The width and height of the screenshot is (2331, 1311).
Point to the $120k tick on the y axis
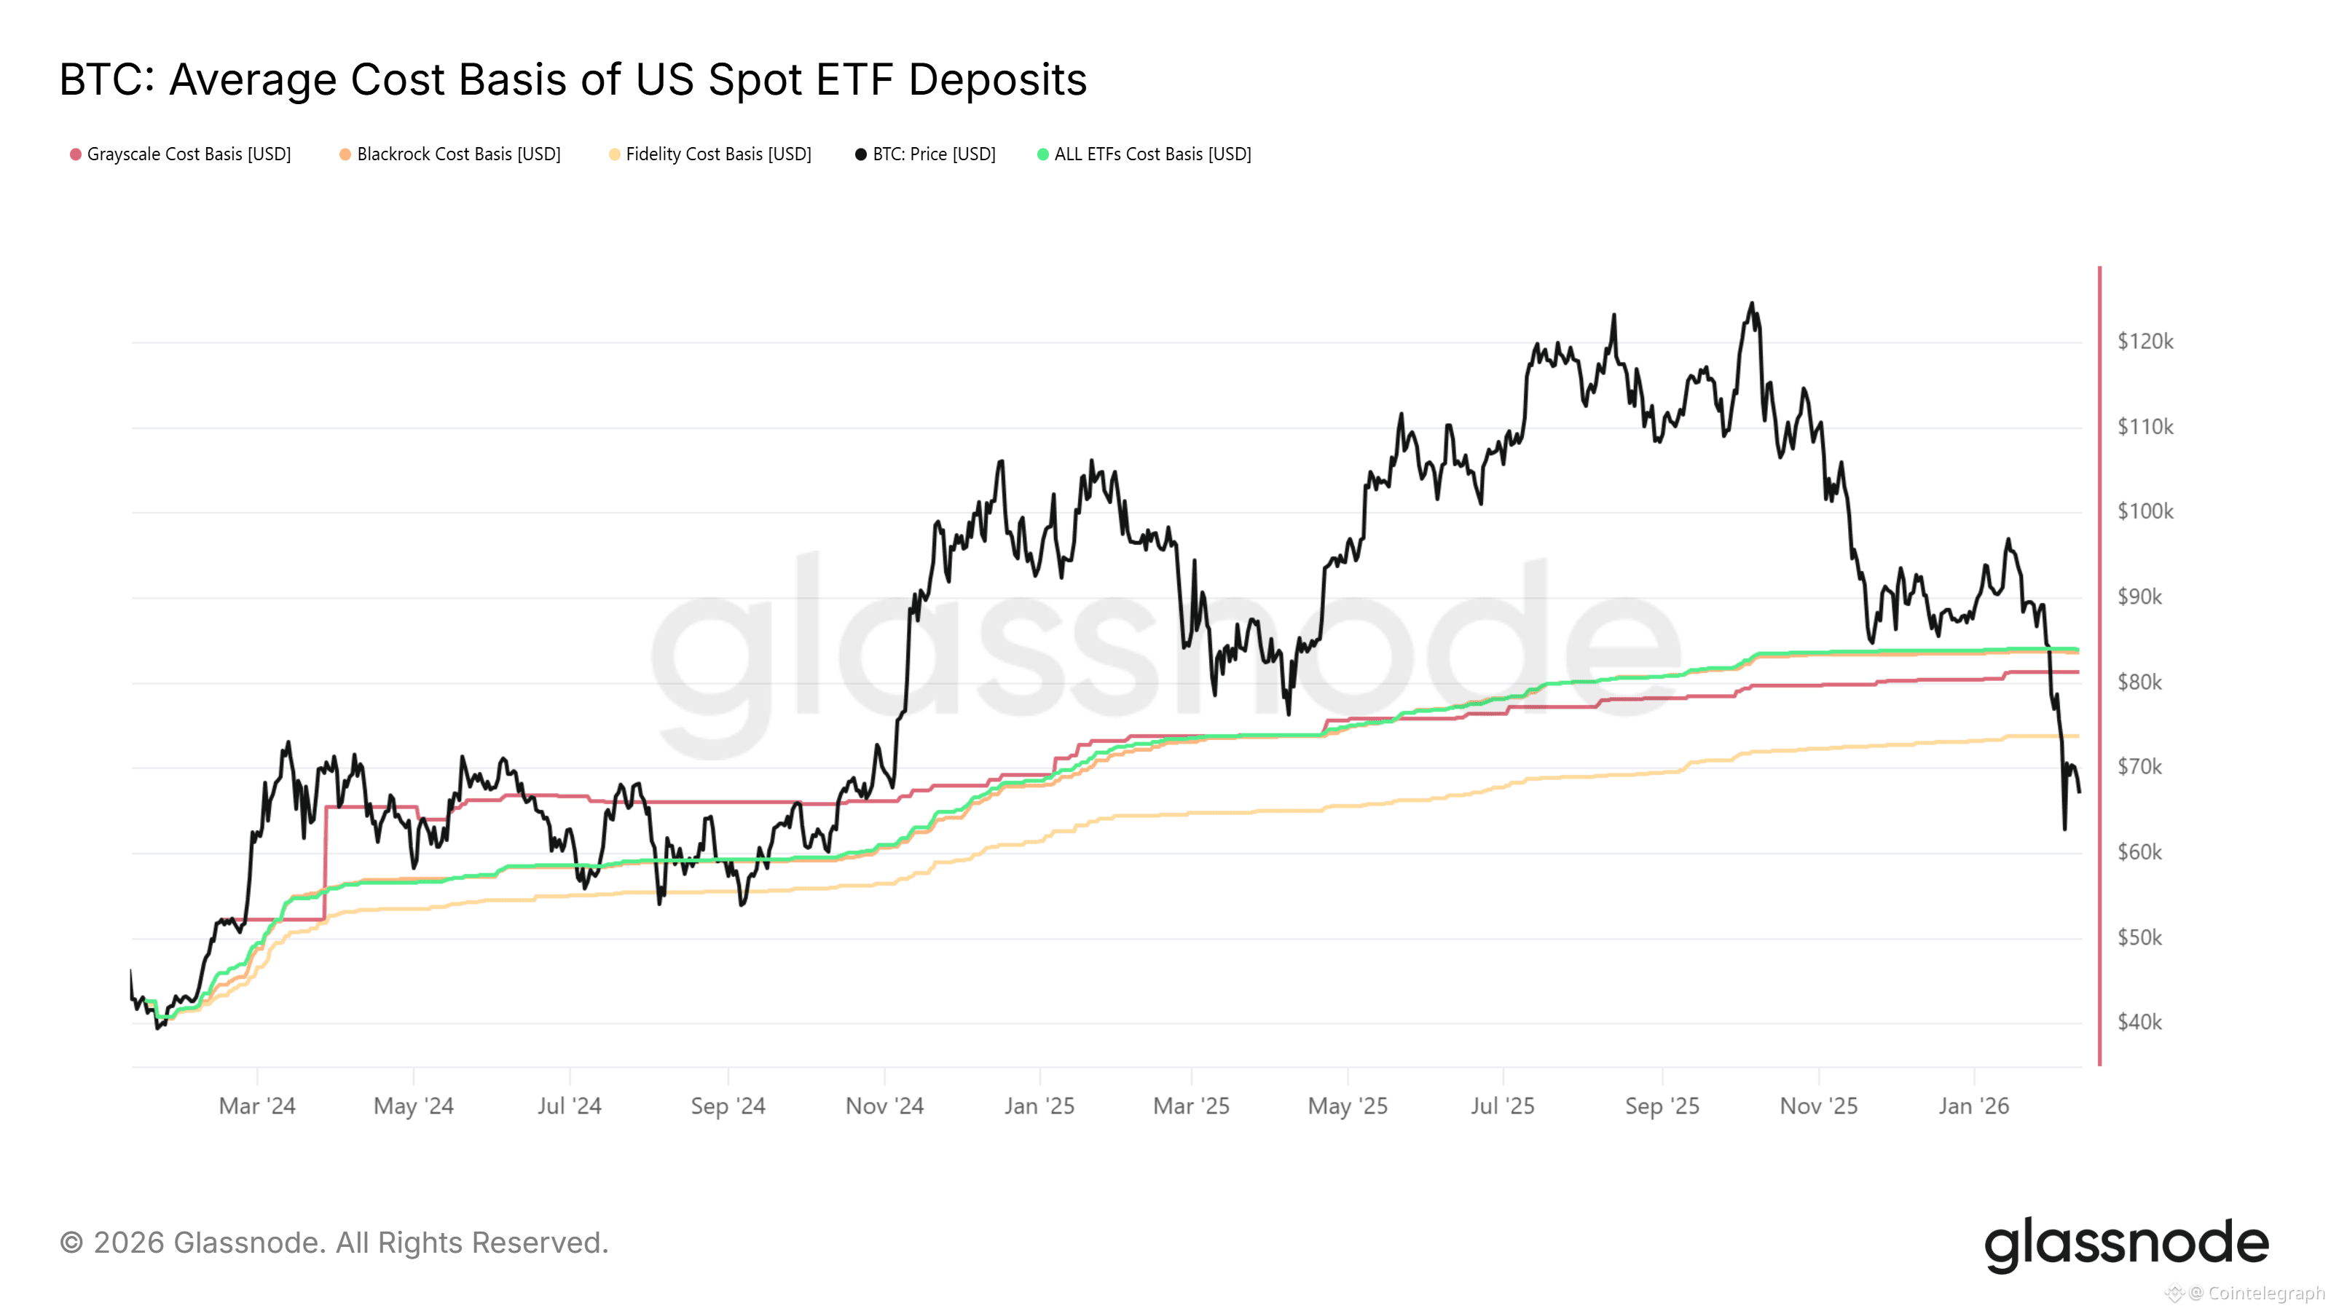(x=2145, y=342)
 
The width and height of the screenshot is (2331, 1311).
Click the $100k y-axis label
(x=2145, y=512)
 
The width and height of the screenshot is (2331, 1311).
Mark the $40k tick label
(x=2139, y=1023)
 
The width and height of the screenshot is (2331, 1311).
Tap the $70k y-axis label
(x=2139, y=767)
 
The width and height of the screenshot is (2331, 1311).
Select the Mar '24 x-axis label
(x=257, y=1106)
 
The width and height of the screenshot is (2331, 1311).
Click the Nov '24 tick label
(x=884, y=1106)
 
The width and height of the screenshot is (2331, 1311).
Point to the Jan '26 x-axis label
(x=1973, y=1106)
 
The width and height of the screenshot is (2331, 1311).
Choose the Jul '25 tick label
(x=1502, y=1106)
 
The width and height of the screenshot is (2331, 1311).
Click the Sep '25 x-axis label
(x=1662, y=1106)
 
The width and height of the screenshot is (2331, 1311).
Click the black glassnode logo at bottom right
(x=2126, y=1244)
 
